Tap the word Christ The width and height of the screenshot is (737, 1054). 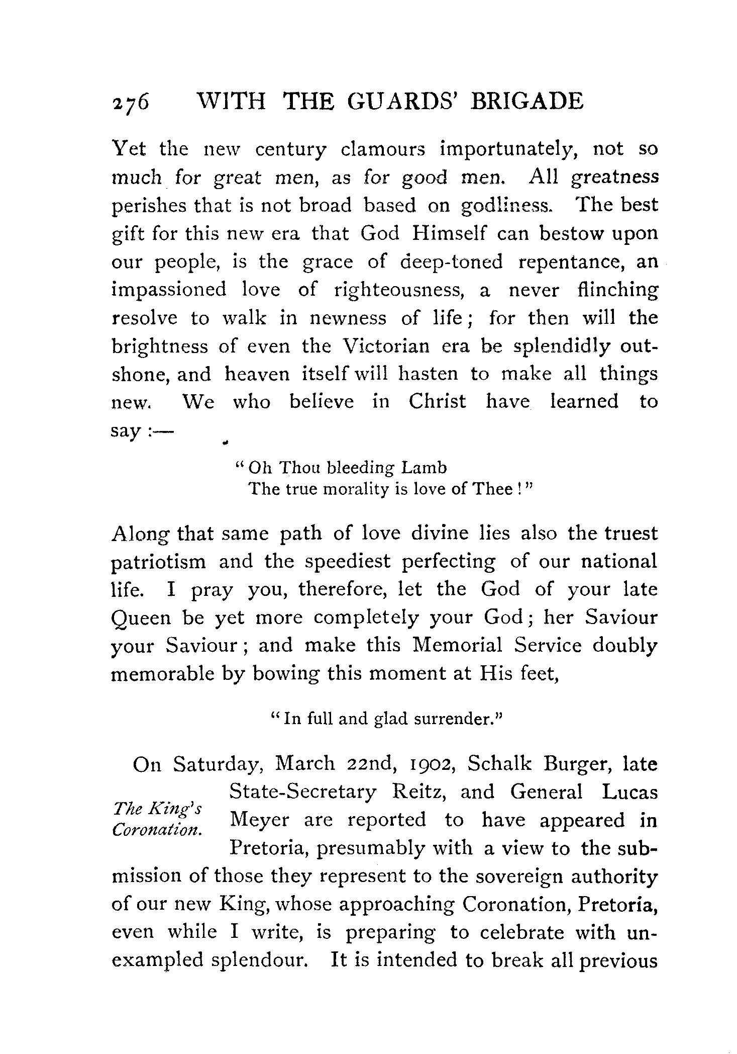[437, 402]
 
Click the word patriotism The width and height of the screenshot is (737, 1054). [158, 562]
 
